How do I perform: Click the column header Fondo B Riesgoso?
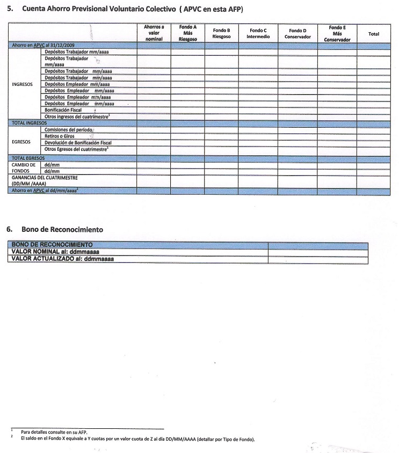221,33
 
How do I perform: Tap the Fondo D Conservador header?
298,33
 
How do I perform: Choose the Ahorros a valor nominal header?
154,33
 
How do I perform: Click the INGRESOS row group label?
22,84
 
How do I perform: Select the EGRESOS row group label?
21,142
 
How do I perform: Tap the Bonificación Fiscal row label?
63,110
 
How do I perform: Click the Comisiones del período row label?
69,130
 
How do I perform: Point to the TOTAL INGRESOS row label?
29,123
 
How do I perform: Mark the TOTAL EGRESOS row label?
28,158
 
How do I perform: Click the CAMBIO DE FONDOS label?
23,168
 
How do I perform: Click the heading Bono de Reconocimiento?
62,229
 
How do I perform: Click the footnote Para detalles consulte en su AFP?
55,432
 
